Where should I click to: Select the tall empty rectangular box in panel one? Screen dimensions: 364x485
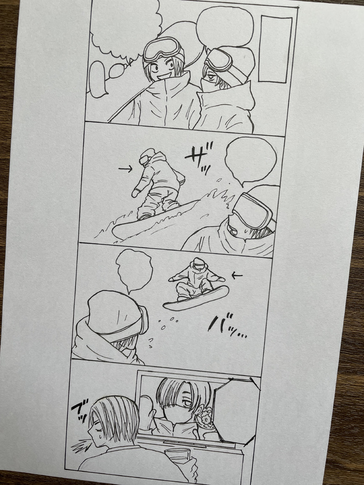275,49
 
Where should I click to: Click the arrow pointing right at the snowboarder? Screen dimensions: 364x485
125,169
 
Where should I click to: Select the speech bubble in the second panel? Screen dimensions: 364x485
250,161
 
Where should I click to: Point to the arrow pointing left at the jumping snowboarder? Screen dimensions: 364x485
237,275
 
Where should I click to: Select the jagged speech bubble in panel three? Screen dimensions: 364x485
134,270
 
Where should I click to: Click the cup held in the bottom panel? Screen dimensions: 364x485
177,455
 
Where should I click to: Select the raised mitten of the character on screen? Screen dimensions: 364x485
147,410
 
